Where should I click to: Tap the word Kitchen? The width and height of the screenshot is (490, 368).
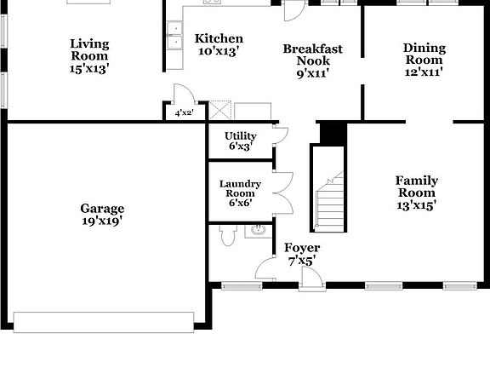point(219,38)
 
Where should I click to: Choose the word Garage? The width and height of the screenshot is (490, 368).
point(102,208)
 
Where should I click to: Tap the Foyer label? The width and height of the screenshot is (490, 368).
point(302,248)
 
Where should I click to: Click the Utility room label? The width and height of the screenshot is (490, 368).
point(241,135)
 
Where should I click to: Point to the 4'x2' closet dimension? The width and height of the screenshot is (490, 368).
point(184,112)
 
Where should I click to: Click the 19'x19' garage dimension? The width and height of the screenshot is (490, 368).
point(102,221)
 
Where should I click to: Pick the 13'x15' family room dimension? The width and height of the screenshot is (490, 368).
point(417,205)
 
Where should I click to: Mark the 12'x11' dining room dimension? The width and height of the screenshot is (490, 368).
point(424,73)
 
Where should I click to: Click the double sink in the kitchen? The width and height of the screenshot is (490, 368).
point(175,37)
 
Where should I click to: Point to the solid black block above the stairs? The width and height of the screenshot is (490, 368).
point(333,133)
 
